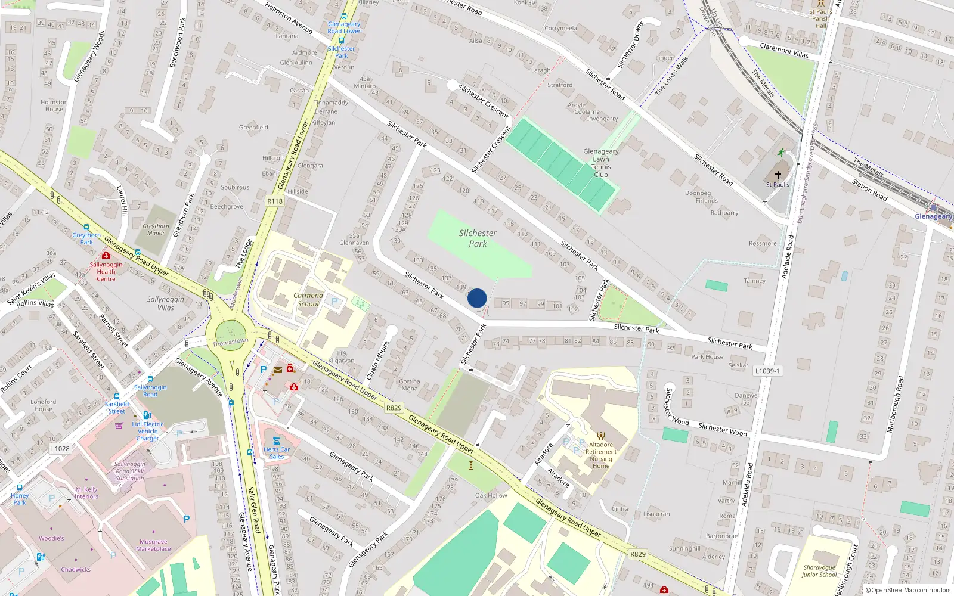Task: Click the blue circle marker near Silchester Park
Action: click(477, 298)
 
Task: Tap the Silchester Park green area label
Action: click(478, 238)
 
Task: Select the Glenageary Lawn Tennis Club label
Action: click(601, 163)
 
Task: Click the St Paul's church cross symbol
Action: click(778, 175)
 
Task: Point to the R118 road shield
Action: click(275, 201)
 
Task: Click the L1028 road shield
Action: click(60, 449)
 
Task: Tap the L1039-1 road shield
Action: click(767, 371)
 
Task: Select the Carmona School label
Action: click(308, 299)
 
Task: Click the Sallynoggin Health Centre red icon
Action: click(106, 255)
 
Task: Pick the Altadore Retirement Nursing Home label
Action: click(601, 455)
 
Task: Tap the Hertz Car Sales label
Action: click(277, 453)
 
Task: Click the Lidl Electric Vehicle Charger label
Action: click(148, 431)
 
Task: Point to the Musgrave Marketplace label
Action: click(153, 545)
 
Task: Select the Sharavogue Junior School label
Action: click(819, 571)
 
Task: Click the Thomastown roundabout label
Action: click(230, 342)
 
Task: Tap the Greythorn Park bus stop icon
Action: click(86, 227)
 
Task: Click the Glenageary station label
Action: click(933, 216)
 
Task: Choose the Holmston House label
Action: click(54, 105)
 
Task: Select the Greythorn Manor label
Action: click(156, 229)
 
